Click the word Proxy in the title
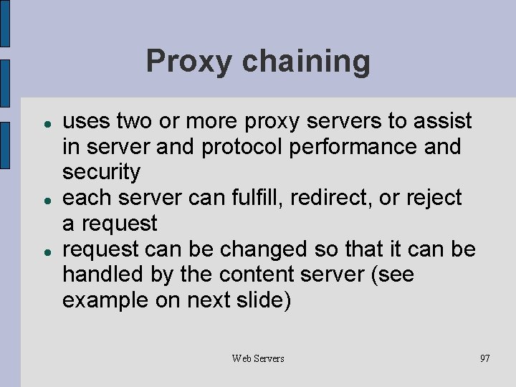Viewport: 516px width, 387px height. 189,62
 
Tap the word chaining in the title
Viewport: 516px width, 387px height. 306,62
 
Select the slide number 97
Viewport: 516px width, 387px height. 485,358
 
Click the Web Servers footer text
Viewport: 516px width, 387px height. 258,358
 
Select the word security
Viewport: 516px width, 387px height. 101,172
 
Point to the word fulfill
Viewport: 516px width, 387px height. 257,198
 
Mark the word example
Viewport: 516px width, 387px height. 105,301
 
